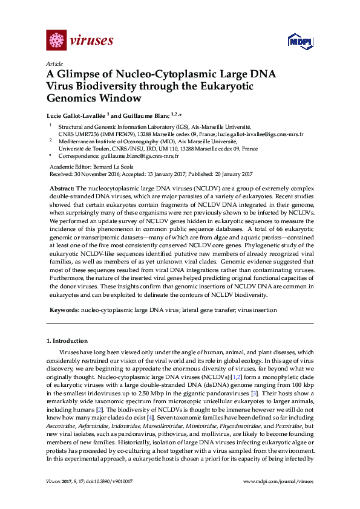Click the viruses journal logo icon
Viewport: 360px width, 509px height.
coord(57,41)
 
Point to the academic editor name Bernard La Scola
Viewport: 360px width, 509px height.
coord(120,166)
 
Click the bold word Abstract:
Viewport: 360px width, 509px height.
coord(61,189)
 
